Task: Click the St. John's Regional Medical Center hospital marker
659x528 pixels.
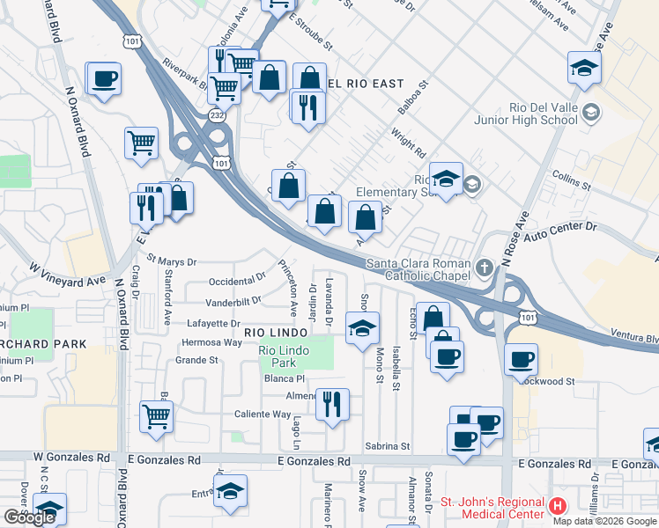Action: pyautogui.click(x=557, y=506)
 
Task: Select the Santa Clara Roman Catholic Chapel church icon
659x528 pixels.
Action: pyautogui.click(x=484, y=267)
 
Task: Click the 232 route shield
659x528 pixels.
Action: pyautogui.click(x=217, y=116)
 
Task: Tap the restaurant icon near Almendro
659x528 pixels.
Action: pyautogui.click(x=332, y=405)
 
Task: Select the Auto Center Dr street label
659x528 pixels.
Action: pyautogui.click(x=560, y=229)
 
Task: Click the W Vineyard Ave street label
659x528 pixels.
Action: pyautogui.click(x=67, y=274)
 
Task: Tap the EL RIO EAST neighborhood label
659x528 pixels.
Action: pyautogui.click(x=357, y=84)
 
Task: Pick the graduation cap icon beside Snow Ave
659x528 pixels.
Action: pyautogui.click(x=362, y=329)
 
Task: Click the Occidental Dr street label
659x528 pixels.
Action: pyautogui.click(x=237, y=281)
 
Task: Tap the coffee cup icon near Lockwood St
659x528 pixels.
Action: pyautogui.click(x=522, y=359)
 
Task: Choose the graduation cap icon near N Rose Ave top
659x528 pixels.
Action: pyautogui.click(x=584, y=69)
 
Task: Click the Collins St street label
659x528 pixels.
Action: pyautogui.click(x=572, y=180)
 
